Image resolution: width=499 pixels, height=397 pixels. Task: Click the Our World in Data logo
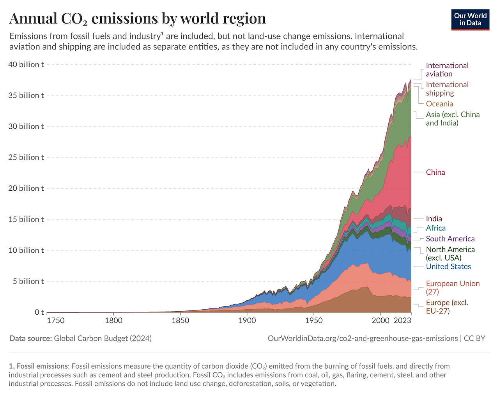pyautogui.click(x=470, y=19)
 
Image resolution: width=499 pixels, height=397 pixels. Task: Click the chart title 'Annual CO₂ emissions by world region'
pyautogui.click(x=138, y=18)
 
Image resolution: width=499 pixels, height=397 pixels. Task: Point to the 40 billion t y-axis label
pyautogui.click(x=26, y=64)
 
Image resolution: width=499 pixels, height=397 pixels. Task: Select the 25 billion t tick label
pyautogui.click(x=26, y=157)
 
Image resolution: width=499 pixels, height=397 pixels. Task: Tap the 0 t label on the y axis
pyautogui.click(x=39, y=312)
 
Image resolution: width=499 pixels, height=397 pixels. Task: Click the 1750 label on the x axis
pyautogui.click(x=55, y=321)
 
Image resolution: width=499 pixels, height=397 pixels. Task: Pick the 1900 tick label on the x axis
pyautogui.click(x=247, y=321)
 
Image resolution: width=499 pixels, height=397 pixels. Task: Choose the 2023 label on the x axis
pyautogui.click(x=402, y=321)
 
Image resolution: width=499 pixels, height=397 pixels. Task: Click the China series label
pyautogui.click(x=435, y=172)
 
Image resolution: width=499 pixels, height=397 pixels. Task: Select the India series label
pyautogui.click(x=434, y=219)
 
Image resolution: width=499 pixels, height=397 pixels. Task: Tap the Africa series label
pyautogui.click(x=435, y=228)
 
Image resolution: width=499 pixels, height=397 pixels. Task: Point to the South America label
pyautogui.click(x=450, y=239)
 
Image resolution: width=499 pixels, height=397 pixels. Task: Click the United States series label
pyautogui.click(x=448, y=266)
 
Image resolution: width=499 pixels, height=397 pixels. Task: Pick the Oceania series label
pyautogui.click(x=439, y=104)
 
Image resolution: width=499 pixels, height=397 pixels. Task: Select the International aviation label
pyautogui.click(x=447, y=70)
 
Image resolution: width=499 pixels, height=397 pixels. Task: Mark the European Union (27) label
pyautogui.click(x=453, y=288)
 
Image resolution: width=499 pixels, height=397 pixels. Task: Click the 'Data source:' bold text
pyautogui.click(x=30, y=339)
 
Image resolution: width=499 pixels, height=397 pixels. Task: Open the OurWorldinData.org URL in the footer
pyautogui.click(x=363, y=339)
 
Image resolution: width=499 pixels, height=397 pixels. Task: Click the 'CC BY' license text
pyautogui.click(x=475, y=339)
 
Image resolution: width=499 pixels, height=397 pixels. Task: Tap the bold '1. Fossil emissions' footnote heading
pyautogui.click(x=39, y=366)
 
